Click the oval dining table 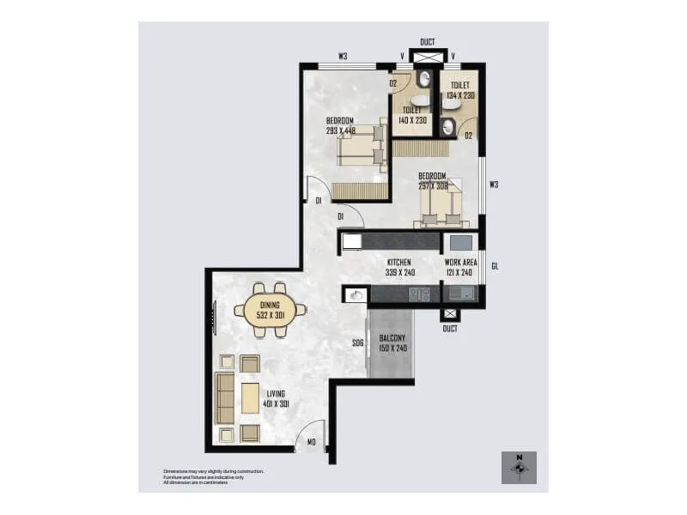click(270, 310)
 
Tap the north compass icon click(519, 468)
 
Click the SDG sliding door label click(357, 342)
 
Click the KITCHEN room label click(398, 262)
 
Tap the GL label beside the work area click(495, 266)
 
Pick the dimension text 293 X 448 click(341, 131)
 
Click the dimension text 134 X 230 click(460, 95)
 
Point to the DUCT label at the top click(428, 42)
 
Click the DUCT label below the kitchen click(450, 329)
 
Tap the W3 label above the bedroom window click(343, 57)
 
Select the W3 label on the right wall click(494, 184)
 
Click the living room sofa click(225, 398)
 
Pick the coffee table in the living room click(251, 398)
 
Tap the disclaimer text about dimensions click(214, 477)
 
